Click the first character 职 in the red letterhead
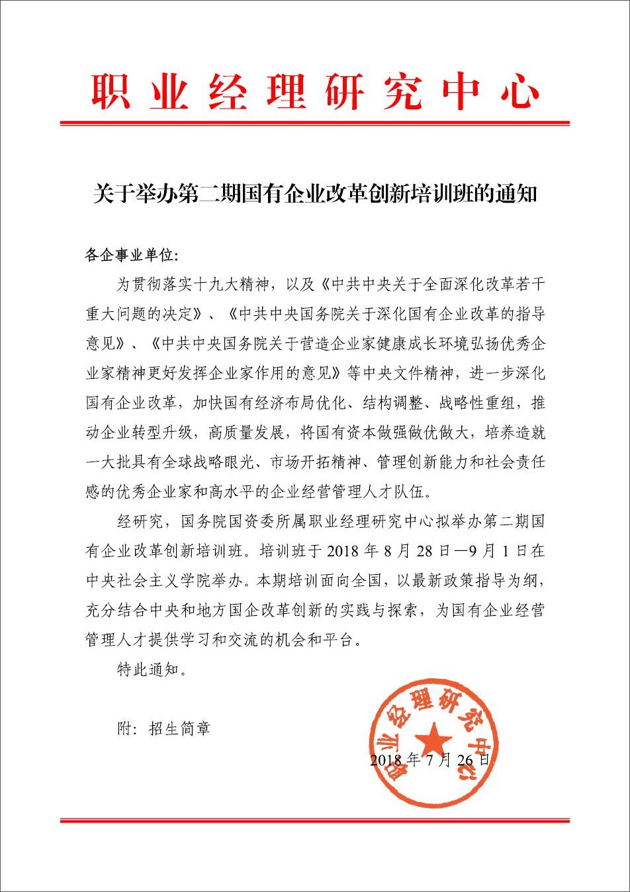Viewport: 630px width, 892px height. tap(111, 91)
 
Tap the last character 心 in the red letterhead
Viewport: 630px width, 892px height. tap(519, 91)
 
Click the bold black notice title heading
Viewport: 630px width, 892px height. tap(314, 193)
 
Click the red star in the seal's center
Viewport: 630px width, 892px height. tap(433, 738)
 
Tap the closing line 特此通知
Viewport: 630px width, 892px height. tap(148, 669)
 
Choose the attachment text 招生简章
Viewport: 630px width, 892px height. tap(179, 729)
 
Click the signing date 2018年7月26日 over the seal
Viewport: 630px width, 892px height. tap(430, 760)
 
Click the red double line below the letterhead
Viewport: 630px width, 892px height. tap(314, 123)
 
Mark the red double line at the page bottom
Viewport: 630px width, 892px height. tap(314, 820)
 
